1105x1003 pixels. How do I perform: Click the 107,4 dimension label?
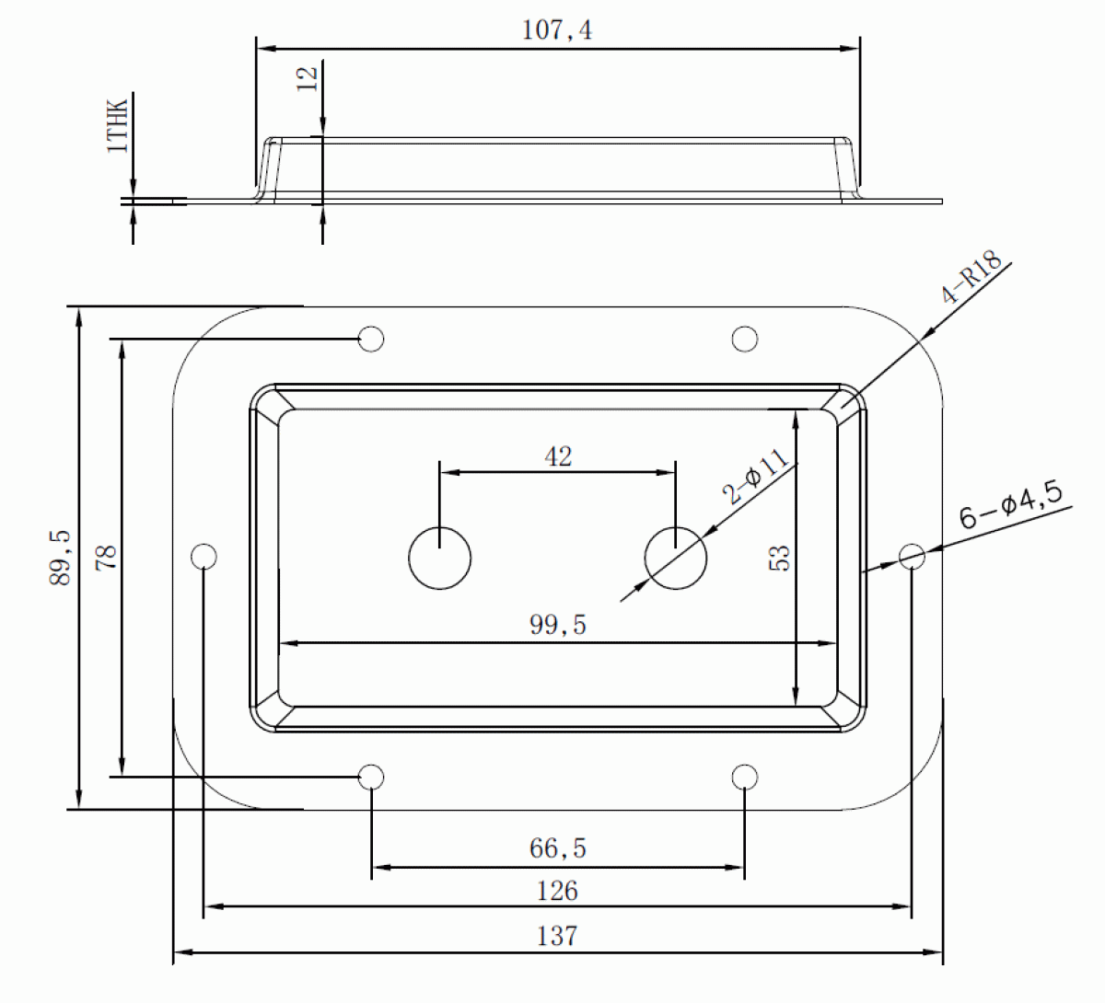coord(557,29)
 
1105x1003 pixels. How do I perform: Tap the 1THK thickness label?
coord(118,125)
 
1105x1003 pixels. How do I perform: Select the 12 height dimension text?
coord(308,79)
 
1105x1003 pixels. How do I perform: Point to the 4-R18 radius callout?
coord(971,277)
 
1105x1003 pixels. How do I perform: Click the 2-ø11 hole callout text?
coord(756,477)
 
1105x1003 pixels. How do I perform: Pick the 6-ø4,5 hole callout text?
coord(1011,503)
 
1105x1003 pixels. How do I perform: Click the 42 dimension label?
coord(558,456)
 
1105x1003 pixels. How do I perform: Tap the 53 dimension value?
coord(779,559)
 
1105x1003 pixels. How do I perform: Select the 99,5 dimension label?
coord(558,625)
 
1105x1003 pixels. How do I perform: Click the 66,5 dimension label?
coord(558,848)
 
